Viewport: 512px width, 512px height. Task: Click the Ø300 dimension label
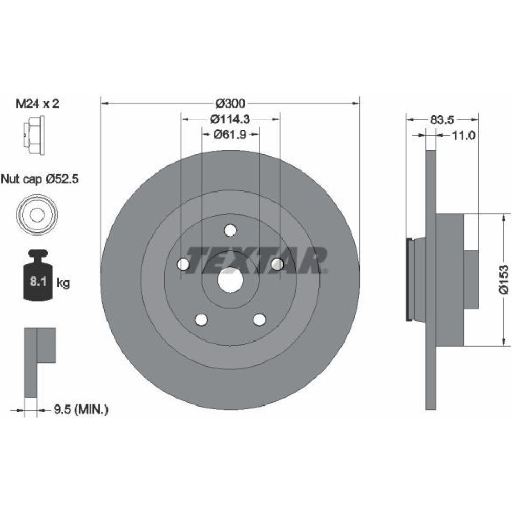pos(230,104)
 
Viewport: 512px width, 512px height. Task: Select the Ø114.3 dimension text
pos(230,119)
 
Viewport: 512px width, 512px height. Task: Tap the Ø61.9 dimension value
pos(230,134)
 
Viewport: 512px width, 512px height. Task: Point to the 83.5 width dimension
pos(442,120)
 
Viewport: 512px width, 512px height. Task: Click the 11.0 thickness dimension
pos(463,135)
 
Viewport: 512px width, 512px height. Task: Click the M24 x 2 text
pos(38,104)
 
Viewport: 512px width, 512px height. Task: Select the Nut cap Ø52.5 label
pos(39,179)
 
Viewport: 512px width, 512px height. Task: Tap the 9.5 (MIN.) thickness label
pos(81,409)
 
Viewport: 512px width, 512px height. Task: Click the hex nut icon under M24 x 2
pos(34,135)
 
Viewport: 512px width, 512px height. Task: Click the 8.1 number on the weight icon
pos(38,282)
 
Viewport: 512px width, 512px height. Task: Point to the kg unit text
pos(63,283)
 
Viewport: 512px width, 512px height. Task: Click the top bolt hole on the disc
pos(230,230)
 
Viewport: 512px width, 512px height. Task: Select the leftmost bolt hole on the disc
pos(183,264)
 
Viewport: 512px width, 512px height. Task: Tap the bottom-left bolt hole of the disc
pos(201,319)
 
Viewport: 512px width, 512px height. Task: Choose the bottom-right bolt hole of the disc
pos(260,319)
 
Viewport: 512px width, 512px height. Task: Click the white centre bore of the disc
pos(230,280)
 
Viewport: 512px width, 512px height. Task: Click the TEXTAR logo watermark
pos(257,260)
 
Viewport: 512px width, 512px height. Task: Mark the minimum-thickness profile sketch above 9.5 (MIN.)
pos(40,362)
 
